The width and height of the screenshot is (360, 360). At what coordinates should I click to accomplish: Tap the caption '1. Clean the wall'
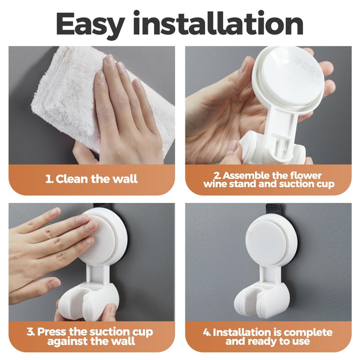point(91,179)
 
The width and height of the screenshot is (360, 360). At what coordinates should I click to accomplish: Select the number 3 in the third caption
point(30,332)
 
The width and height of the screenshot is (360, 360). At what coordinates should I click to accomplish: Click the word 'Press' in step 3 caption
point(54,332)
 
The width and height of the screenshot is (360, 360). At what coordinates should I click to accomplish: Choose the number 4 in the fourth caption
point(207,333)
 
